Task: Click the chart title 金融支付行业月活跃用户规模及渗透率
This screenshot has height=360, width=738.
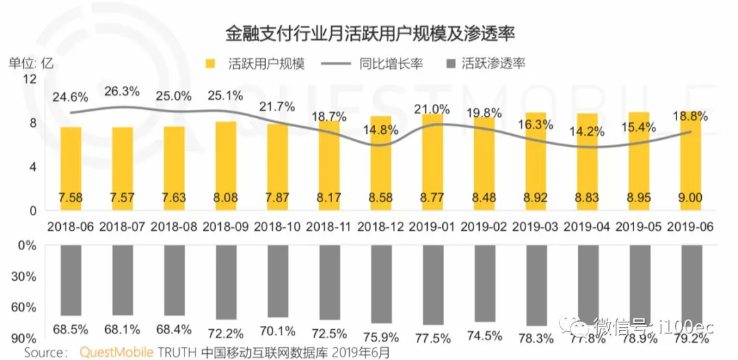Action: [x=369, y=33]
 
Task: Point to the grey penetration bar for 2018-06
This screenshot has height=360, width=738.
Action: [x=70, y=280]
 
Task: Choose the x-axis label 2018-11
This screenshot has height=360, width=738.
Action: [x=329, y=225]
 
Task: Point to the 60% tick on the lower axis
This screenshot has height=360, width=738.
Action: [x=25, y=307]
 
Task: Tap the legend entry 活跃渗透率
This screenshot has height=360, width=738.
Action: [x=493, y=64]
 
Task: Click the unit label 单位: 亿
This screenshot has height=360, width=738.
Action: [x=30, y=64]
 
